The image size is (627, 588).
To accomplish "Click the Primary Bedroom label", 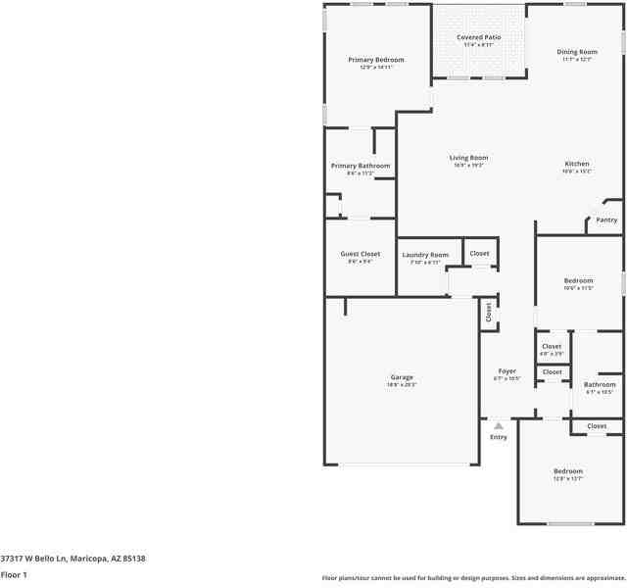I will click(376, 60).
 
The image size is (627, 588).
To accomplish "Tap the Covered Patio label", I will click(479, 37).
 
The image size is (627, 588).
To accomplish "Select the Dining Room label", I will click(577, 52).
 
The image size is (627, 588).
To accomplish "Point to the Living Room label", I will click(469, 158).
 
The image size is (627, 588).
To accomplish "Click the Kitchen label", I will click(577, 164).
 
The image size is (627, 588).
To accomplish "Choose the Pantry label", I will click(606, 220).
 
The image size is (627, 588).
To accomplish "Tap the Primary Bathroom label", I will click(361, 166).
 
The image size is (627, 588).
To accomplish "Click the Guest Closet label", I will click(361, 254).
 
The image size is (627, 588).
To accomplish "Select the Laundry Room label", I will click(425, 255).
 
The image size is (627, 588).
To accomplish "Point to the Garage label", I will click(402, 377).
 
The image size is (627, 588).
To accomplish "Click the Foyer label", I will click(506, 371).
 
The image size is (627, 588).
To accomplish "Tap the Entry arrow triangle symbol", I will click(499, 426).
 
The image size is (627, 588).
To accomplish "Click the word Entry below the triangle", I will click(499, 437).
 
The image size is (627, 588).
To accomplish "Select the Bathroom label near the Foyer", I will click(600, 385).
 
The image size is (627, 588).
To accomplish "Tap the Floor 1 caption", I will click(14, 575).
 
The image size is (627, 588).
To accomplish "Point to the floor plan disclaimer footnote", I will click(473, 578).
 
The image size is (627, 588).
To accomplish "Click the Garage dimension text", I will click(402, 385).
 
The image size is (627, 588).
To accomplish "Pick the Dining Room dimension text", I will click(577, 60).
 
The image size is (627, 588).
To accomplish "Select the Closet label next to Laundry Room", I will click(479, 254).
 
